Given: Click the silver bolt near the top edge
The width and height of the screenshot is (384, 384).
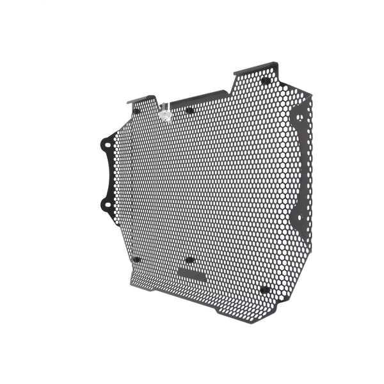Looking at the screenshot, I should point(165,115).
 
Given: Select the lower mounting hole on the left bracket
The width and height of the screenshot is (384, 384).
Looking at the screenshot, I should point(104,204).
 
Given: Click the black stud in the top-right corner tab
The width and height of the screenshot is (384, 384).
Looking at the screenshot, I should point(265,81).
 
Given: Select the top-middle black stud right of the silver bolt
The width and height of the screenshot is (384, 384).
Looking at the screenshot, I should point(189,111).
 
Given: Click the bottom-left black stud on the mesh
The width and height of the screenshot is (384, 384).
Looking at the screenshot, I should point(136,259).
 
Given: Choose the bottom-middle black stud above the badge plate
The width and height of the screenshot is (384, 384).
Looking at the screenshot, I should point(189,260).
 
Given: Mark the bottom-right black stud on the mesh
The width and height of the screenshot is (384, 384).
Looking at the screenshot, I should point(264,290).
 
